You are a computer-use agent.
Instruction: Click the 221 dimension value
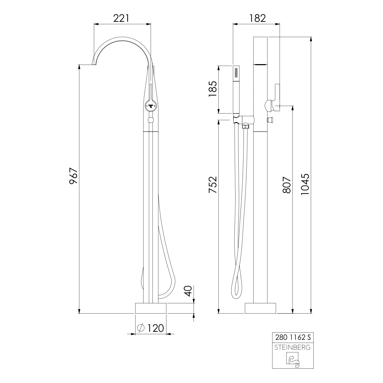coord(121,18)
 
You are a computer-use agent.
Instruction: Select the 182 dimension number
coord(258,18)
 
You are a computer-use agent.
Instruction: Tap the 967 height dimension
coord(74,176)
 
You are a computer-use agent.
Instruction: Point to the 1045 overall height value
coord(305,184)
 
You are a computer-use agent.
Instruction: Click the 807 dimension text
coord(287,185)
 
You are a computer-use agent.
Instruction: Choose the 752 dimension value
coord(213,185)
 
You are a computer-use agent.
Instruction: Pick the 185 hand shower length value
coord(213,89)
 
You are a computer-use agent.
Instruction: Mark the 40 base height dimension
coord(188,291)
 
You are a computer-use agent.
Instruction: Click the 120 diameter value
coord(156,328)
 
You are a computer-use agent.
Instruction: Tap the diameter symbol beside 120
coord(141,328)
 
